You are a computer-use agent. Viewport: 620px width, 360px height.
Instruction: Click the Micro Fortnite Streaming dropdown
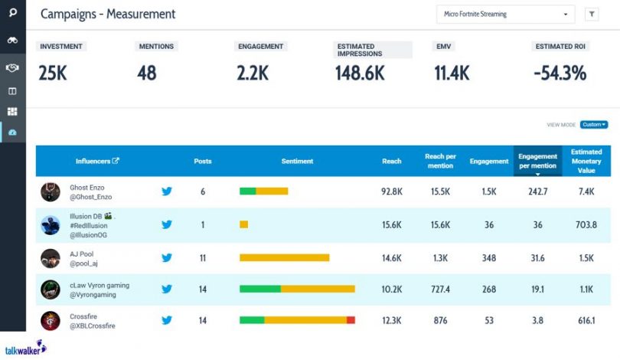pos(504,14)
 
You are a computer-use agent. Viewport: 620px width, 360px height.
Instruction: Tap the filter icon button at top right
pos(592,14)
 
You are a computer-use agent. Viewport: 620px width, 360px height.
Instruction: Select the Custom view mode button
pos(593,124)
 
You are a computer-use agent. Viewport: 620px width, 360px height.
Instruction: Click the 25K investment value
pos(53,73)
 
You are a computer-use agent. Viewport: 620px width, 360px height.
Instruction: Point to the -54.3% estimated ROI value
pos(560,73)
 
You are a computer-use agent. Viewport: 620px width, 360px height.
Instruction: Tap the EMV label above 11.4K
pos(444,47)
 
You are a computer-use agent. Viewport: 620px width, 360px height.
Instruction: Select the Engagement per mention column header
pos(537,161)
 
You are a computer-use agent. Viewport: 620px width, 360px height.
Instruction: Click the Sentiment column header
pos(297,161)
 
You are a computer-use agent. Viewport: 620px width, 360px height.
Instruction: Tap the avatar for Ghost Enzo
pos(51,191)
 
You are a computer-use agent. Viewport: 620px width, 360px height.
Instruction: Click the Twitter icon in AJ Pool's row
pos(167,258)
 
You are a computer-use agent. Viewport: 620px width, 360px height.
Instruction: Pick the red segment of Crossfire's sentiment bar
pos(351,320)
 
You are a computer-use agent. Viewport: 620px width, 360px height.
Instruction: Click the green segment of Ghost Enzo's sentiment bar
pos(247,191)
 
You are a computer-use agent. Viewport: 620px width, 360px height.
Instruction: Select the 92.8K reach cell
pos(392,191)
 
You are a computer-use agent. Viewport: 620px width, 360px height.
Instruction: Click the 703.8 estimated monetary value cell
pos(586,225)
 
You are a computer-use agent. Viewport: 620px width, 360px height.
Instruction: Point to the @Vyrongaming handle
pos(93,294)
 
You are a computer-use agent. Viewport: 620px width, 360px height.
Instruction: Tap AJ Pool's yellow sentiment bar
pos(284,258)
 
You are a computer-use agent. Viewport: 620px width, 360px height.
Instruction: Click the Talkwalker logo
pos(25,347)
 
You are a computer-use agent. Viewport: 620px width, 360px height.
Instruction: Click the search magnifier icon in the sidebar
pos(13,13)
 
